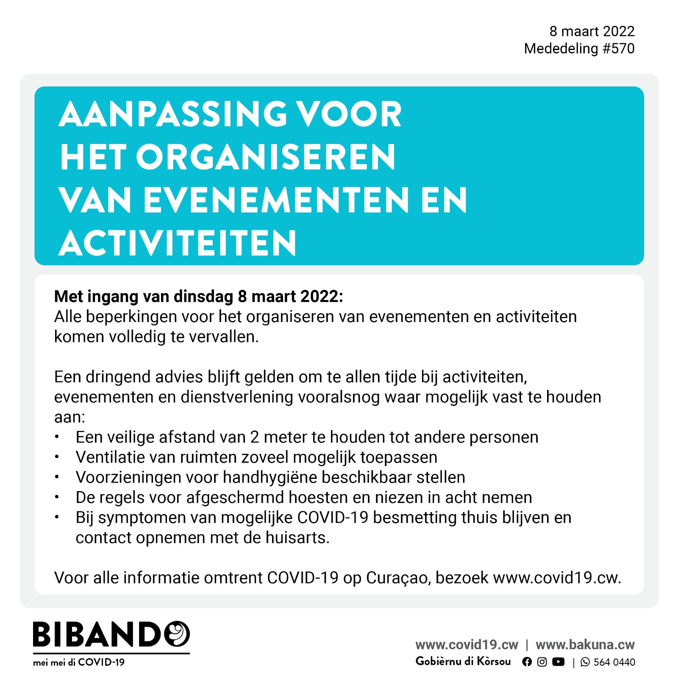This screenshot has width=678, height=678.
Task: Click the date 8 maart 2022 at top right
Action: [x=592, y=31]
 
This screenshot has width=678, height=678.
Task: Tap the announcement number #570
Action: [x=618, y=49]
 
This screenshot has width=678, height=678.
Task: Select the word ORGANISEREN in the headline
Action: [x=266, y=157]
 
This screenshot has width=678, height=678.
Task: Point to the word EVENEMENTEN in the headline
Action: [x=276, y=200]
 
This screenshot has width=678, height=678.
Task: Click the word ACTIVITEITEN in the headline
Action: [x=178, y=243]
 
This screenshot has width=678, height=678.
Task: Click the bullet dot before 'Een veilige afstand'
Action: [x=57, y=437]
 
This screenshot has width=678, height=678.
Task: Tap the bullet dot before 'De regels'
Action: [x=57, y=497]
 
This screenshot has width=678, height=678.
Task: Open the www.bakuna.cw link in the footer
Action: [x=585, y=645]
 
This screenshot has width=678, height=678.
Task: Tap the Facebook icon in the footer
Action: [x=527, y=662]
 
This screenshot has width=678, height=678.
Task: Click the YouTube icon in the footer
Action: [x=559, y=662]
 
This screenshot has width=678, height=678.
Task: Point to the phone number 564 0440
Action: [x=614, y=662]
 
